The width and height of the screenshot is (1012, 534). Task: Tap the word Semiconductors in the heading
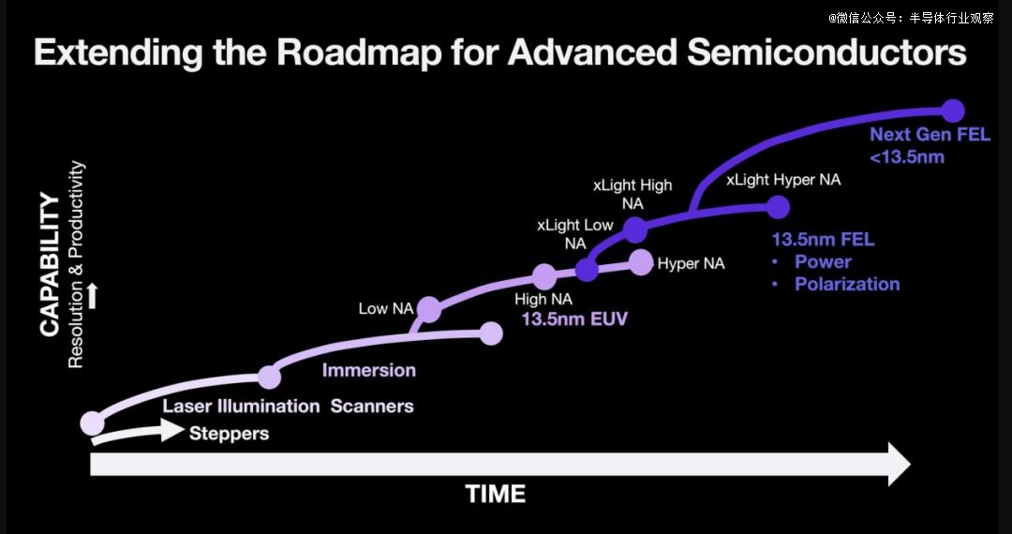click(826, 52)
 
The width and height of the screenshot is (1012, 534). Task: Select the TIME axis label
click(496, 494)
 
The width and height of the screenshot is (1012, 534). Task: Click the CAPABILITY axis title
click(50, 264)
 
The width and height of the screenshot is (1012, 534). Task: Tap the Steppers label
click(230, 433)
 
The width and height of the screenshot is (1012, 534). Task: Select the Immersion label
click(368, 370)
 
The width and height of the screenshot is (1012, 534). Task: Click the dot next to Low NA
click(428, 309)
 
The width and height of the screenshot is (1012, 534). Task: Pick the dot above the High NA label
click(544, 276)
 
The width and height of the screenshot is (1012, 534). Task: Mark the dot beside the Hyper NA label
click(641, 262)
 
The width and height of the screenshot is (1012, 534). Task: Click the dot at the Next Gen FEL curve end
click(952, 111)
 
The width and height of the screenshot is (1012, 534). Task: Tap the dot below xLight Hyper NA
click(778, 207)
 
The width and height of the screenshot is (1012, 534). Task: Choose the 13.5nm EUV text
click(574, 319)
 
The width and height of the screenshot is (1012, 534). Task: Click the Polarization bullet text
click(847, 284)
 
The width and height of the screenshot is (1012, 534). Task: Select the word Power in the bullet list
click(823, 261)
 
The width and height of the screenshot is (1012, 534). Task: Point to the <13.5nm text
click(907, 156)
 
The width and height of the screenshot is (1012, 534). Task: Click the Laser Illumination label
click(241, 407)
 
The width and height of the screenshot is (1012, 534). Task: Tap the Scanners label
click(372, 407)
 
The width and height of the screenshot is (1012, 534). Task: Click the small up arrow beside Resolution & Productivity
click(92, 296)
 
